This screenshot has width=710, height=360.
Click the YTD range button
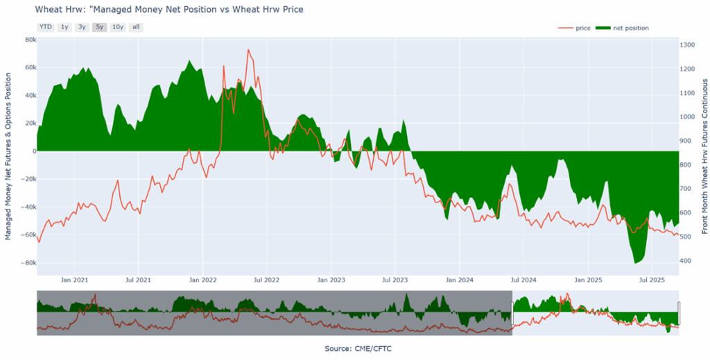coord(45,27)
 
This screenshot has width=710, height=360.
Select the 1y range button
coord(64,27)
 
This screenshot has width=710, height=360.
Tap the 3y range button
coord(82,27)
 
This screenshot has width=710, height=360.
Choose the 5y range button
coord(100,27)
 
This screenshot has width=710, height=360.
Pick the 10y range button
coord(118,27)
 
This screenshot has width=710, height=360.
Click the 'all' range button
coord(136,27)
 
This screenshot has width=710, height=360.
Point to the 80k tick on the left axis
coord(31,40)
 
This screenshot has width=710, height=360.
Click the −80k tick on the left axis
coord(28,263)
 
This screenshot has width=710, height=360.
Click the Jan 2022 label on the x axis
coord(202,280)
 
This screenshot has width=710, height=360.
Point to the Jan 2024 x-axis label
coord(459,280)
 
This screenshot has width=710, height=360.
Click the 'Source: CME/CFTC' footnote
coord(358,348)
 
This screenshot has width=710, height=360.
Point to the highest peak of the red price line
coord(248,50)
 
